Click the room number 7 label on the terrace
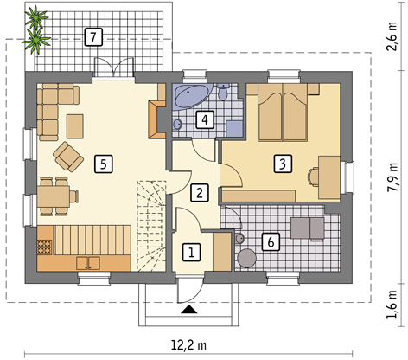[93, 37]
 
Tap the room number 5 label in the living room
[104, 164]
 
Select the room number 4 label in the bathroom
[205, 119]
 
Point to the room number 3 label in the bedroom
[283, 164]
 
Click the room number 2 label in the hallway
[200, 193]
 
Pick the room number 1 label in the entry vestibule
[191, 253]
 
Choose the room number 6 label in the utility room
[271, 242]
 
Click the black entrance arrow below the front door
[189, 309]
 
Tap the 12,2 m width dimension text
[188, 344]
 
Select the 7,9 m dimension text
[392, 177]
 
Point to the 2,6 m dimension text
[392, 36]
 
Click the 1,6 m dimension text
[392, 305]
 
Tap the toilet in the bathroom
[223, 92]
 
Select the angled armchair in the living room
[68, 156]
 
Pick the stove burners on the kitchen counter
[45, 247]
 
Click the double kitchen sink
[88, 263]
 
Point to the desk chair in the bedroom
[313, 177]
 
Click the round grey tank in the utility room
[246, 258]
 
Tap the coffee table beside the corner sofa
[75, 126]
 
